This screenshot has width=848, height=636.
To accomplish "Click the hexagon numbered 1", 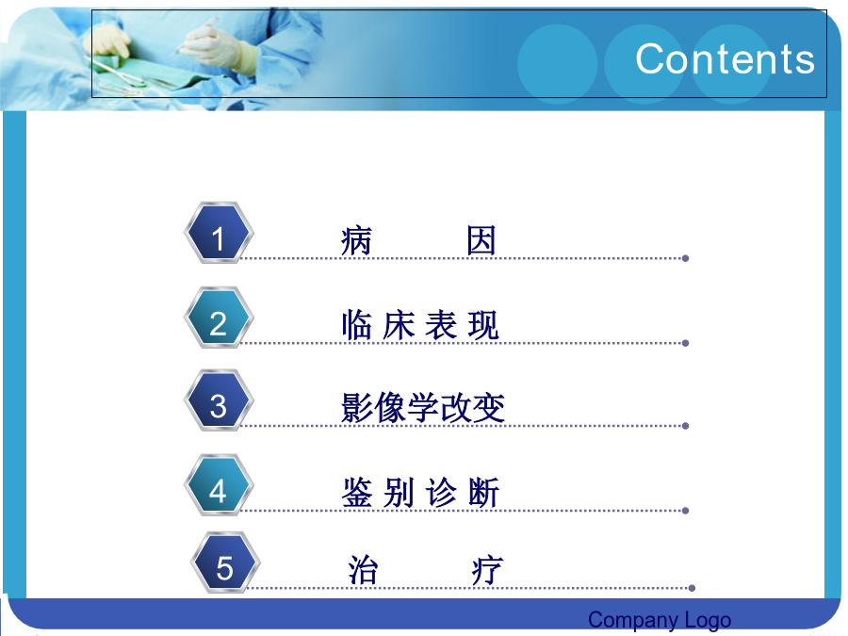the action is click(219, 233).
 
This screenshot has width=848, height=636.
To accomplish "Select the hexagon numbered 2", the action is click(219, 318).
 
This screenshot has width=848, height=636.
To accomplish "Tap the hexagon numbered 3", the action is click(219, 400).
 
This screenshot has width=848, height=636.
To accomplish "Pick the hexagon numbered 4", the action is click(219, 485).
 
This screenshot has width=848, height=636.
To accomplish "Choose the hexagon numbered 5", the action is click(225, 563).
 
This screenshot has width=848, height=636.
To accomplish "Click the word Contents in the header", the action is click(725, 59).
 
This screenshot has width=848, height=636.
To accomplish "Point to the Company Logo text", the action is click(660, 620).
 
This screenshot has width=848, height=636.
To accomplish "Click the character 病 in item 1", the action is click(356, 240).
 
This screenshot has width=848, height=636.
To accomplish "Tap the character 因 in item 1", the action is click(481, 240).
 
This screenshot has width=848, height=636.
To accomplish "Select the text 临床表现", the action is click(420, 325).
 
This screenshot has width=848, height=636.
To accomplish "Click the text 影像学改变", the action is click(423, 408).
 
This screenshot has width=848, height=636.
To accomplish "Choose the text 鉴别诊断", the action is click(420, 493).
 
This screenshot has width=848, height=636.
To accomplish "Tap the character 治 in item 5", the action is click(363, 570).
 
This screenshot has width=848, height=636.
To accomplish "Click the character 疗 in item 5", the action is click(487, 570).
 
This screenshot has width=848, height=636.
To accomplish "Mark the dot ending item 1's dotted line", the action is click(685, 258).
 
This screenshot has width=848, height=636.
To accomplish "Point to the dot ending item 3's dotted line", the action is click(685, 426).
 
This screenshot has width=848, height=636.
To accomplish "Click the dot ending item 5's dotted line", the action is click(692, 588).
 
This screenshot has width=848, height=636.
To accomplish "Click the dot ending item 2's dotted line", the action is click(685, 343).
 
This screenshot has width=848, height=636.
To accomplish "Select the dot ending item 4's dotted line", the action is click(685, 511).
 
